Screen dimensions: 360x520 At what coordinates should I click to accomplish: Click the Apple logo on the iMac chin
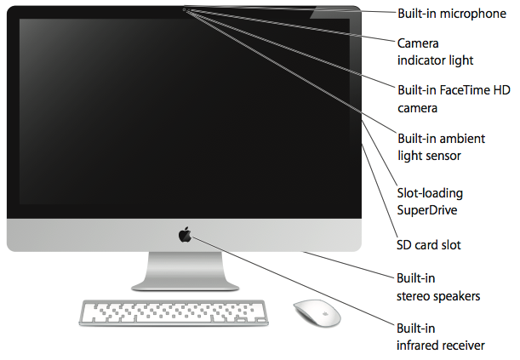click(x=185, y=234)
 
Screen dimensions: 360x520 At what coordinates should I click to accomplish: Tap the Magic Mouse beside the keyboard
click(x=317, y=312)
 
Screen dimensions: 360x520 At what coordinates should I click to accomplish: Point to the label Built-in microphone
click(x=452, y=14)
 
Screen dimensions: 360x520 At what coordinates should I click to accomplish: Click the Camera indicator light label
click(x=436, y=51)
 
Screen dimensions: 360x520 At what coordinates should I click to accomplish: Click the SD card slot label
click(x=429, y=245)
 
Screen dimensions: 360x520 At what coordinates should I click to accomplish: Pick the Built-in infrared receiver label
click(x=441, y=336)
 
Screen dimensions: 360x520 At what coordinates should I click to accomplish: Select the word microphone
click(x=474, y=14)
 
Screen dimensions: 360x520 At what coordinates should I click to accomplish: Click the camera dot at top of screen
click(x=185, y=9)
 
